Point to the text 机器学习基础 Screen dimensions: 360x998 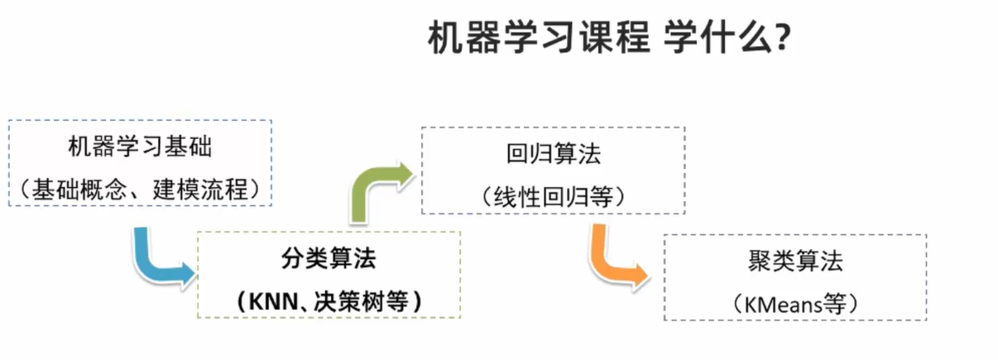140,148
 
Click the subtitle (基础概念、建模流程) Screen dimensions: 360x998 140,190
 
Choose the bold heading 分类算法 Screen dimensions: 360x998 328,258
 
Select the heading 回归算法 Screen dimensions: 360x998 553,155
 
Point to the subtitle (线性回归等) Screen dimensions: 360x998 553,197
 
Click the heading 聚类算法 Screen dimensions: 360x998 794,262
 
